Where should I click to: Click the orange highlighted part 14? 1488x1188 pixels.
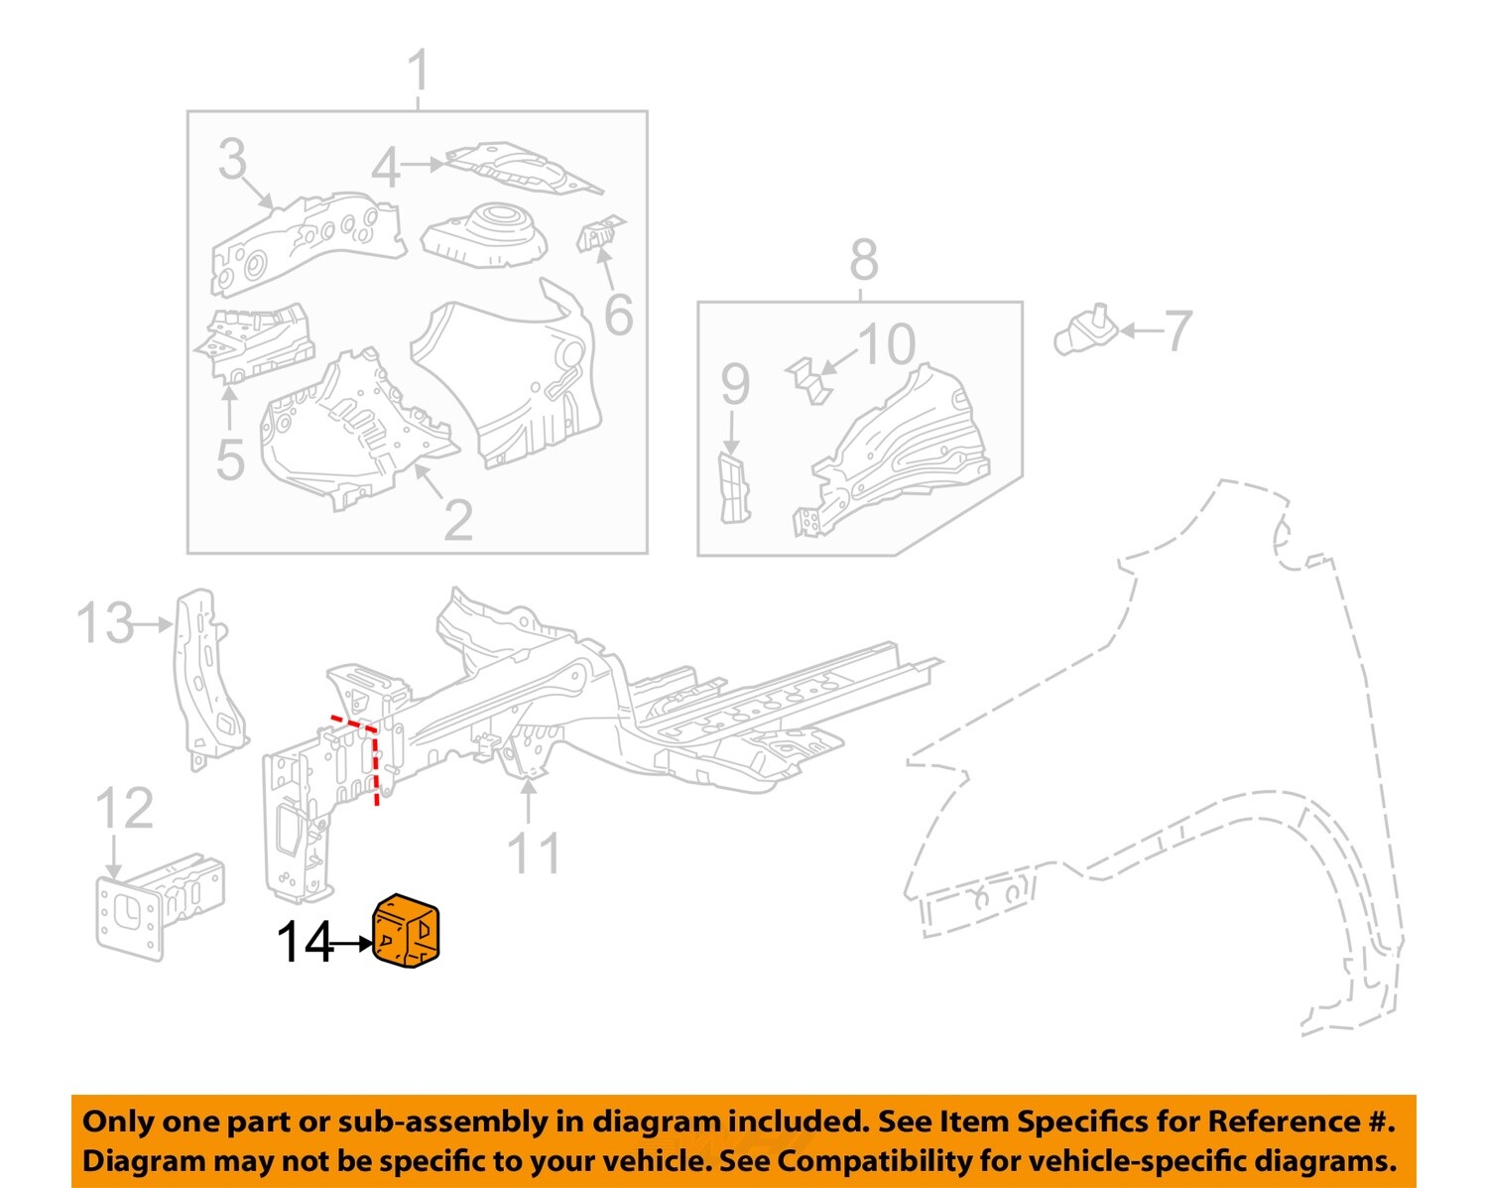406,931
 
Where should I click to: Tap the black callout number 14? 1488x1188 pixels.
305,943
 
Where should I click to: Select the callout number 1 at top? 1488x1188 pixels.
420,72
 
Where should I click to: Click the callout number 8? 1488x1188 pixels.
863,261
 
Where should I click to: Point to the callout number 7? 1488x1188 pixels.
1177,330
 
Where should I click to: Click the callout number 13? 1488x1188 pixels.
104,624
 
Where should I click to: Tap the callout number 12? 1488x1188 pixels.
125,809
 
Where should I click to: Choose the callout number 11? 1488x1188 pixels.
534,854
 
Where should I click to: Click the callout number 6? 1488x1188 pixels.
618,315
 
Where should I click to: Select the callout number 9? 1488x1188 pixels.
734,385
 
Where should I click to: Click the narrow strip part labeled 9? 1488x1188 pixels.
734,487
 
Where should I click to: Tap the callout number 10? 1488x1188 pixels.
886,344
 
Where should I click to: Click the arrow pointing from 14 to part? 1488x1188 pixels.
352,944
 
